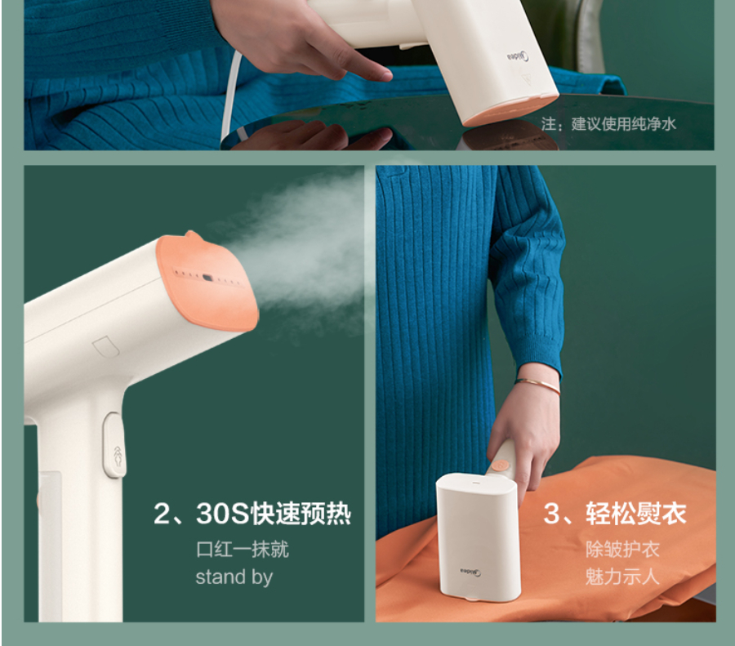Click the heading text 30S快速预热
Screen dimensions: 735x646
tap(274, 514)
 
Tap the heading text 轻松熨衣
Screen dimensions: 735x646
tap(635, 514)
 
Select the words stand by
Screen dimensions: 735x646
tap(234, 577)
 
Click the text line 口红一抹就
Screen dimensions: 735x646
tap(243, 549)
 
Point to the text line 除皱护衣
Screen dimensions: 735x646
tap(622, 549)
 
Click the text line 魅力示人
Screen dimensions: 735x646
tap(622, 576)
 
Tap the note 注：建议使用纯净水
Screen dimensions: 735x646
tap(608, 124)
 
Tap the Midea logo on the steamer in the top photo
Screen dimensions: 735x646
tap(519, 57)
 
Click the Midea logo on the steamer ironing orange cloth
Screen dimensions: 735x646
tap(470, 572)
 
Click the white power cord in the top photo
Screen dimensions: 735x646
tap(231, 94)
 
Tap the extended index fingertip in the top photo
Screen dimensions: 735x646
tap(384, 74)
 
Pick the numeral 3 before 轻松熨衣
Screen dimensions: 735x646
tap(553, 514)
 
